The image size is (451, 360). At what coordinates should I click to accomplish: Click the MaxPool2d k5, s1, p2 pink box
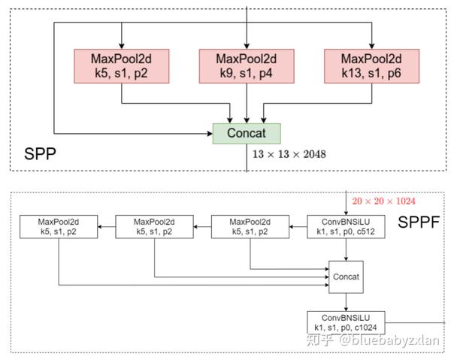pyautogui.click(x=121, y=66)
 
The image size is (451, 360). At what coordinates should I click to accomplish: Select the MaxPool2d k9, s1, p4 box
pyautogui.click(x=247, y=66)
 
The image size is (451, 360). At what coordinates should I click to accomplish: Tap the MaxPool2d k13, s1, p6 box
pyautogui.click(x=371, y=66)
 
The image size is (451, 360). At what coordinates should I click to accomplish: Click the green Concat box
pyautogui.click(x=247, y=134)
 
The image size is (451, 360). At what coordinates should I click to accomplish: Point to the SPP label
pyautogui.click(x=40, y=154)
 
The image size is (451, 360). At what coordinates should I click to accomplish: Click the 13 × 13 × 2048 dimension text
pyautogui.click(x=289, y=154)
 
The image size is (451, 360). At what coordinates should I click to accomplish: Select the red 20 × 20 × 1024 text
pyautogui.click(x=383, y=201)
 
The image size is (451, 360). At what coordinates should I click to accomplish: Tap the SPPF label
pyautogui.click(x=419, y=222)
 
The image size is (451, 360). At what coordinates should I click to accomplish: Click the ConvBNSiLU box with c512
pyautogui.click(x=346, y=226)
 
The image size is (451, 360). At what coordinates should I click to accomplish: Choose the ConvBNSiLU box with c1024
pyautogui.click(x=346, y=322)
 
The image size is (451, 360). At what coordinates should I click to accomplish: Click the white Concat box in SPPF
pyautogui.click(x=346, y=277)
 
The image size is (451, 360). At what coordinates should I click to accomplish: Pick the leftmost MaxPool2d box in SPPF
pyautogui.click(x=59, y=226)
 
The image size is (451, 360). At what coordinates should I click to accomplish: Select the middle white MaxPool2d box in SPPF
pyautogui.click(x=154, y=226)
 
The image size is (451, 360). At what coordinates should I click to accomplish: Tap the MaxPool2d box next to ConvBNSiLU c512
pyautogui.click(x=250, y=226)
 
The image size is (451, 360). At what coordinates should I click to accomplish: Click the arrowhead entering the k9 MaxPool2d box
pyautogui.click(x=247, y=47)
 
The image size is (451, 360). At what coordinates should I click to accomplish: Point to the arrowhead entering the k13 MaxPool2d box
pyautogui.click(x=371, y=47)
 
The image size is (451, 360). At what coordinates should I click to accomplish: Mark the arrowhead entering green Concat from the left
pyautogui.click(x=210, y=134)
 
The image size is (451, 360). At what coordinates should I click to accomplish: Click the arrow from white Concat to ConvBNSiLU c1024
pyautogui.click(x=346, y=302)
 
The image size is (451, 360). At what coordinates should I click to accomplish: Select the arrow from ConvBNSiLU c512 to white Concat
pyautogui.click(x=346, y=250)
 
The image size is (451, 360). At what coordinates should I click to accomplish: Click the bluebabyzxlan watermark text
pyautogui.click(x=389, y=340)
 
